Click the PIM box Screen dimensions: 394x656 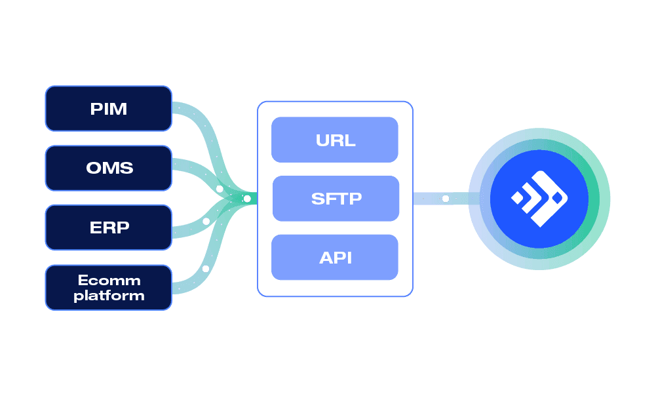coord(108,108)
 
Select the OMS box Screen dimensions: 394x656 coord(108,168)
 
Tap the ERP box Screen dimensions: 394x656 coord(108,227)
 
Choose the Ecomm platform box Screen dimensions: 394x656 coord(108,287)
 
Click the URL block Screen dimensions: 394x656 coord(335,140)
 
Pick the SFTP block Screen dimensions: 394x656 coord(336,198)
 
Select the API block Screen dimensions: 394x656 coord(335,257)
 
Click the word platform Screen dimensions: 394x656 coord(109,296)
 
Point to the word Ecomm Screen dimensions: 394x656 coord(109,280)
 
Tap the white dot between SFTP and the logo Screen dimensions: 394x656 coord(446,198)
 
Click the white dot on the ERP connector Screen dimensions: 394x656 coord(206,222)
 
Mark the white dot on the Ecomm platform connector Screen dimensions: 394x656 coord(205,269)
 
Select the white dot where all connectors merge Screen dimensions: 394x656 coord(247,199)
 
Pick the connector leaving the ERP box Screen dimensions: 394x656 coord(187,228)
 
